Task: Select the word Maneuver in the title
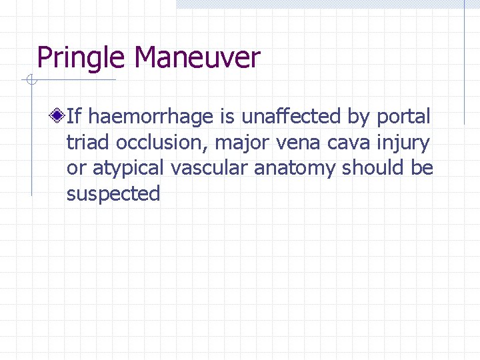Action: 197,58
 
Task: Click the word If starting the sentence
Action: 74,117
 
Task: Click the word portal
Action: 403,117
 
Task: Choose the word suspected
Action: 113,194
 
